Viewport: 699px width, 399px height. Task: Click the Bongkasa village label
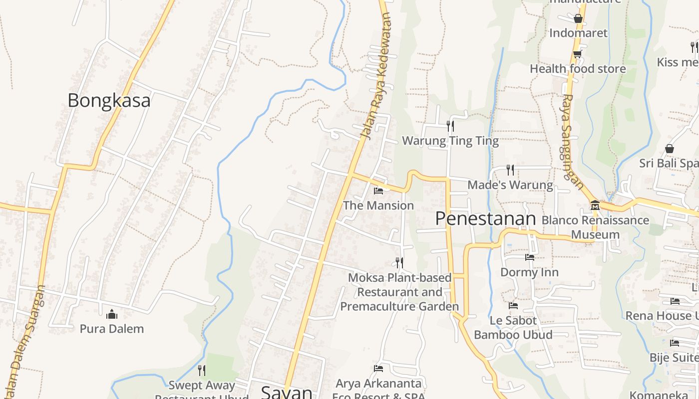click(x=109, y=101)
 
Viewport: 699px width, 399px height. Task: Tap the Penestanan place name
click(x=485, y=218)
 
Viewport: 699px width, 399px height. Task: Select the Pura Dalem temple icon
click(x=112, y=314)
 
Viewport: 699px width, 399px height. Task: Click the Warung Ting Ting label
click(x=450, y=141)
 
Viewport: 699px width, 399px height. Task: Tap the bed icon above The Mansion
click(x=378, y=191)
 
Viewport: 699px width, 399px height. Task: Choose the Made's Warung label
click(x=510, y=186)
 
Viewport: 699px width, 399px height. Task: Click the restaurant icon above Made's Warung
click(x=510, y=170)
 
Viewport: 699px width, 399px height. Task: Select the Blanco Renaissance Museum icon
click(x=595, y=205)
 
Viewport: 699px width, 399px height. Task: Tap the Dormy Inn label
click(x=529, y=272)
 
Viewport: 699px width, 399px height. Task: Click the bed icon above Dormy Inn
click(x=530, y=257)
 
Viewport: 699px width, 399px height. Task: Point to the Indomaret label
click(x=578, y=33)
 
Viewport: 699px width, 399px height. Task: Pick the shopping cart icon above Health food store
click(x=578, y=54)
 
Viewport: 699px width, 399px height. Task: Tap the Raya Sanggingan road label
click(x=573, y=142)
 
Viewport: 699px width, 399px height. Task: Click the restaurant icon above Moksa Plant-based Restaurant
click(x=399, y=262)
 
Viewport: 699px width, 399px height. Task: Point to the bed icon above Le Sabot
click(x=513, y=306)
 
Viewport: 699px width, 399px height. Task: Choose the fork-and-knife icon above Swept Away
click(x=201, y=370)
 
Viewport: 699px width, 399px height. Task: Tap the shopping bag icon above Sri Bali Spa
click(x=670, y=149)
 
